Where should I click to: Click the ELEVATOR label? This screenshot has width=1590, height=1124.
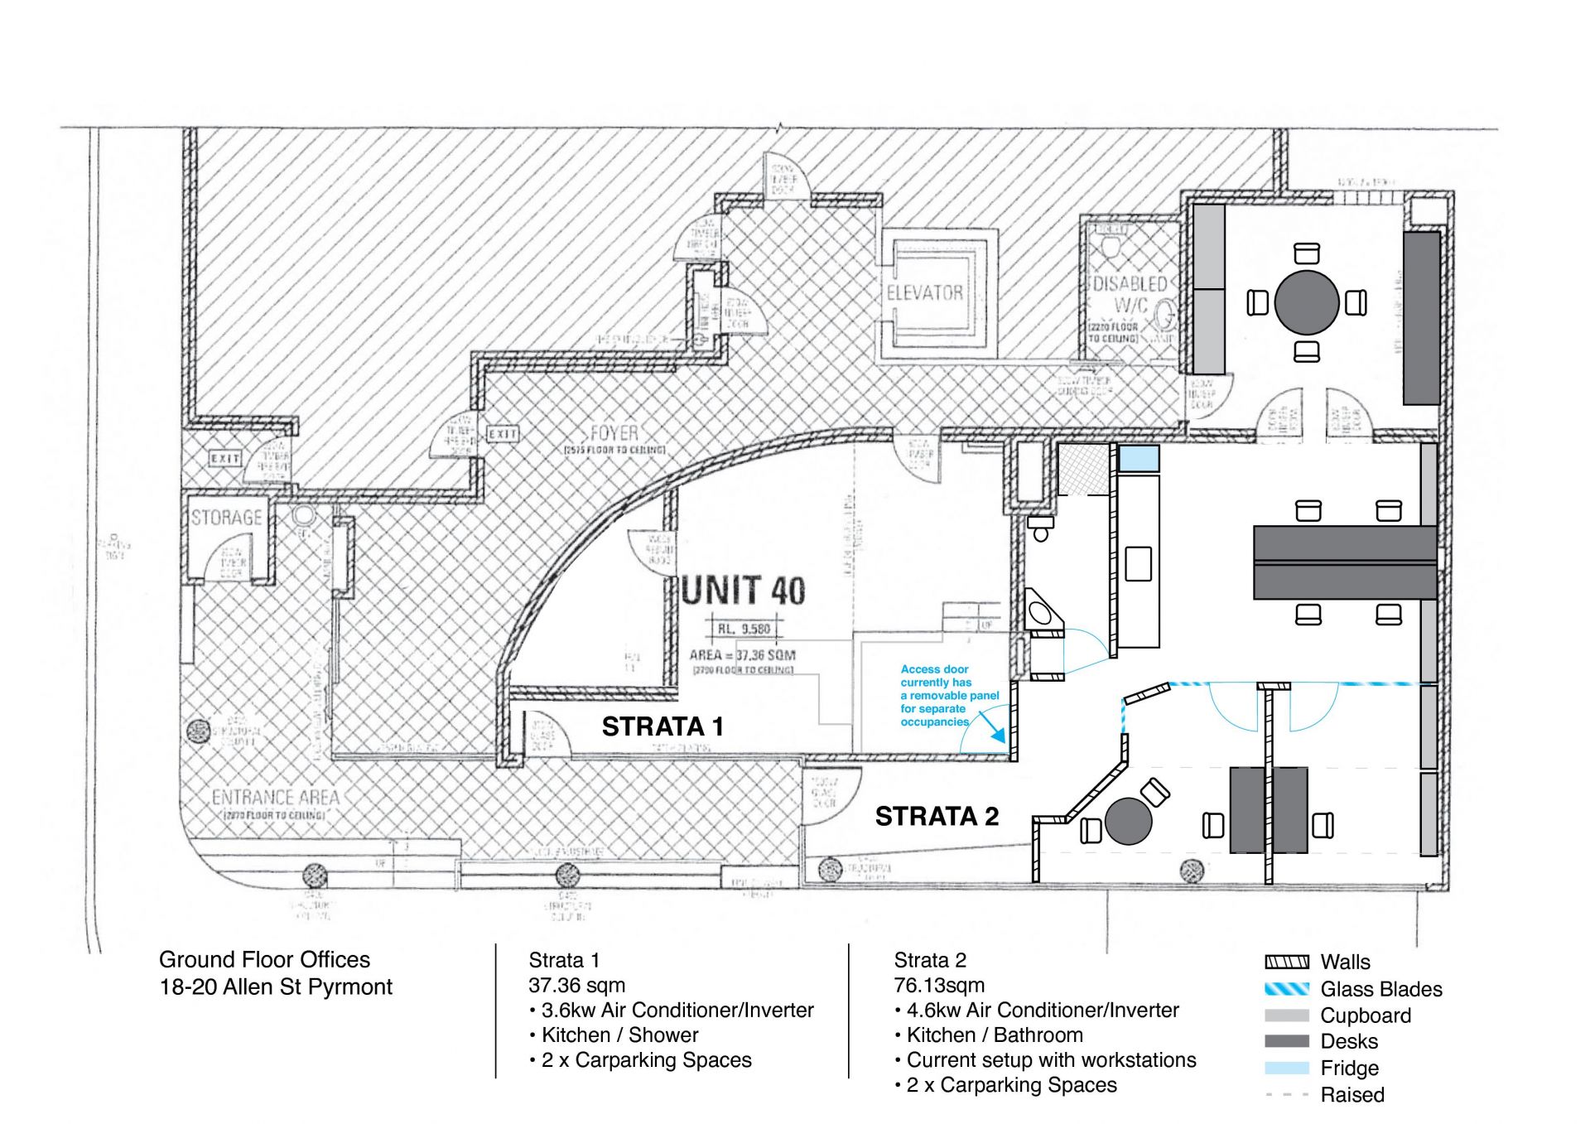(x=924, y=292)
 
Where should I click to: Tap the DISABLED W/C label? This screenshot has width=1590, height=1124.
(x=1130, y=294)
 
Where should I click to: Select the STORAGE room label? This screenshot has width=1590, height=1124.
(x=226, y=518)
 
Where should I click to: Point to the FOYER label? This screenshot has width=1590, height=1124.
(x=614, y=433)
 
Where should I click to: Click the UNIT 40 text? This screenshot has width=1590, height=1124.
(x=743, y=591)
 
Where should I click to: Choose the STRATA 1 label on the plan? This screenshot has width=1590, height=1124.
(x=662, y=726)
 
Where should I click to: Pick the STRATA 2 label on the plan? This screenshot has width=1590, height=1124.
(x=937, y=817)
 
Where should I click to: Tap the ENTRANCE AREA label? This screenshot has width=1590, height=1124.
(x=276, y=798)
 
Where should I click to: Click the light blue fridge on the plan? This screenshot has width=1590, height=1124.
(x=1139, y=459)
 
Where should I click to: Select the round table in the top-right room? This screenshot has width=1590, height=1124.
(x=1306, y=302)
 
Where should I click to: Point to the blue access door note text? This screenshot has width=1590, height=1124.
(x=949, y=695)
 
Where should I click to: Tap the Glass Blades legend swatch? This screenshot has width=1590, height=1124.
(x=1287, y=989)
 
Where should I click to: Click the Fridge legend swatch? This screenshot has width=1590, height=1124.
(x=1287, y=1068)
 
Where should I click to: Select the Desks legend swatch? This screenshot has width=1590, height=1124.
(x=1287, y=1041)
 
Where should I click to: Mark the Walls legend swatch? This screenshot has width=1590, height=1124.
(x=1287, y=962)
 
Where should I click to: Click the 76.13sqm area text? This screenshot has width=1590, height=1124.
(x=939, y=986)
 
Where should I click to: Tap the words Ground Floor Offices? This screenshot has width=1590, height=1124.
(x=264, y=960)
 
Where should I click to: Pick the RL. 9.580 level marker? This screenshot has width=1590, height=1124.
(x=743, y=629)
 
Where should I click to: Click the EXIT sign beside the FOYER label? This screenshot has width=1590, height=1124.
(x=502, y=434)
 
